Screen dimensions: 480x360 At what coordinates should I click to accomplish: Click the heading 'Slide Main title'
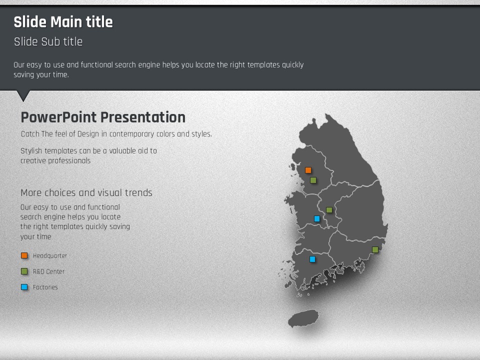point(63,22)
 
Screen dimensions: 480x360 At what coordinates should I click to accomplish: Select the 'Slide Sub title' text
point(48,41)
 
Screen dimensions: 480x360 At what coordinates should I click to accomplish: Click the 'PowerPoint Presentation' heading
point(103,117)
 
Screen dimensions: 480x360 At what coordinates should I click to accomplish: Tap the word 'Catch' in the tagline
point(30,134)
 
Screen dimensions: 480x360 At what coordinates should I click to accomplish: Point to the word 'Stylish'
point(31,151)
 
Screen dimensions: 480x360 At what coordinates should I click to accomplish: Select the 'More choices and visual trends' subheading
point(86,192)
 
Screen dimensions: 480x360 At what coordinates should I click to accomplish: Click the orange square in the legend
point(24,255)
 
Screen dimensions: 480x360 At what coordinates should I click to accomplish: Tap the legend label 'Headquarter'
point(50,255)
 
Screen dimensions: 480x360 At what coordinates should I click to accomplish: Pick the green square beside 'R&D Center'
point(24,271)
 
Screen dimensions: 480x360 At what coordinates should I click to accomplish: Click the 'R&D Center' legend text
point(48,271)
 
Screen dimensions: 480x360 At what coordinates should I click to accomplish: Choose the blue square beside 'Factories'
point(24,287)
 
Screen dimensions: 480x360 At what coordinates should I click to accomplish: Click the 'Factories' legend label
point(45,287)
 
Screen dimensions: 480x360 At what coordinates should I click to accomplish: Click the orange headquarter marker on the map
point(308,170)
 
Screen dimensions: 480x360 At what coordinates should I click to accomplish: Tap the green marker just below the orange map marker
point(313,180)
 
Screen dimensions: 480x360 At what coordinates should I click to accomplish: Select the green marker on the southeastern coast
point(375,250)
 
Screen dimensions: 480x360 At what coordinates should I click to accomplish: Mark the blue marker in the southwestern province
point(312,259)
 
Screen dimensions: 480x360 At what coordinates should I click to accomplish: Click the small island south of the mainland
point(303,318)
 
